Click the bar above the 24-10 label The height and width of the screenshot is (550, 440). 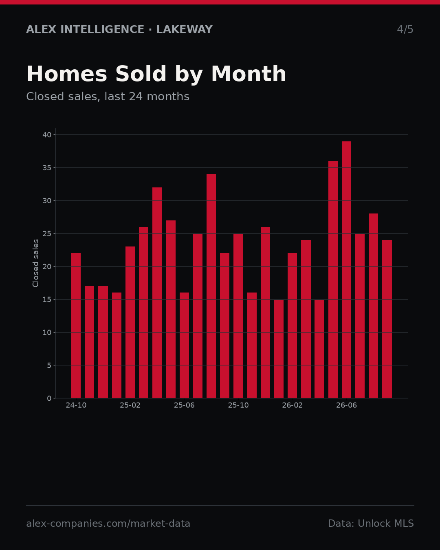pos(76,326)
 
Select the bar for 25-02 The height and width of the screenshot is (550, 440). pos(130,322)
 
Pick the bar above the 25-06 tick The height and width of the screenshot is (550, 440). pos(184,345)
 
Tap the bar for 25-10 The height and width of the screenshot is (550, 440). pos(238,316)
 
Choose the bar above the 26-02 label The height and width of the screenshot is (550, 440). pos(292,326)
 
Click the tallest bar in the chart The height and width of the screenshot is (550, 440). pos(346,270)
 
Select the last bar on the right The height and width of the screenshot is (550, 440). pos(387,319)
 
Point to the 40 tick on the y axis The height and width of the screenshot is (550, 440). pos(47,135)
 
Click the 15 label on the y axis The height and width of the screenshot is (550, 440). pos(47,299)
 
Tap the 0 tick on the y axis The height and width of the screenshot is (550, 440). pos(49,398)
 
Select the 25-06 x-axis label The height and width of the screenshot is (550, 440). pos(184,405)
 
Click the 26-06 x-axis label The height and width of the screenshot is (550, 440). pos(346,405)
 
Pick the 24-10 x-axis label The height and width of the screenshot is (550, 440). pos(76,405)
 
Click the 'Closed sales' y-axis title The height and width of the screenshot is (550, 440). pos(35,263)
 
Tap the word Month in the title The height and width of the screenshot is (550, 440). pos(249,74)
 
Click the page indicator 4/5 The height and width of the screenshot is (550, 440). pos(405,29)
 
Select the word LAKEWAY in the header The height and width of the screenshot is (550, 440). pos(184,29)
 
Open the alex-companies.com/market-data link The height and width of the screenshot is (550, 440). pos(108,524)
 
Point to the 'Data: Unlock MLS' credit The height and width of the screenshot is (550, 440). pos(371,524)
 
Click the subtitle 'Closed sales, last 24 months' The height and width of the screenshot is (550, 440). pos(108,97)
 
